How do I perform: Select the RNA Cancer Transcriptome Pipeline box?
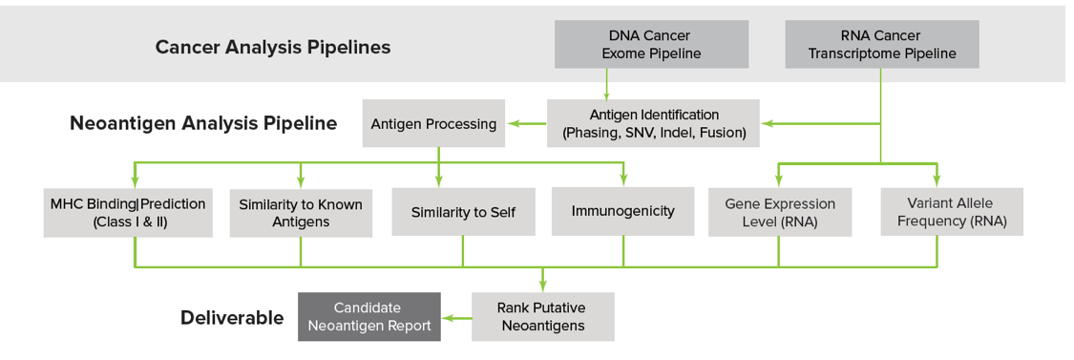[881, 44]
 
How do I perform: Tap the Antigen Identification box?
[653, 123]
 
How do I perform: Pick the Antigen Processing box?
[433, 123]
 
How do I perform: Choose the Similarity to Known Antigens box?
[301, 213]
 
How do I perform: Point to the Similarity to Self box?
[463, 212]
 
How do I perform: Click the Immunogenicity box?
[622, 211]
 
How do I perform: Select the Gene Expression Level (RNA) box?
[779, 212]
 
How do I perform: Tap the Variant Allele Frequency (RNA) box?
[952, 212]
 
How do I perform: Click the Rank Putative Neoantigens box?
[543, 316]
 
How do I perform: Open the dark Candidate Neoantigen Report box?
[369, 316]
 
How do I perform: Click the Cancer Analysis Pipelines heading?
[273, 47]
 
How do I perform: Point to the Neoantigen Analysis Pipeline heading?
[203, 123]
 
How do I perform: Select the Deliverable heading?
[232, 317]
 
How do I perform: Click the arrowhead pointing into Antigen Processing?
[511, 123]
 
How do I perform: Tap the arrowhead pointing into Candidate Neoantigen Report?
[447, 317]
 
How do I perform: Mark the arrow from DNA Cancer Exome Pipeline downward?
[605, 84]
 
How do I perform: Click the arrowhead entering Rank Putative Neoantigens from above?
[543, 286]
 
